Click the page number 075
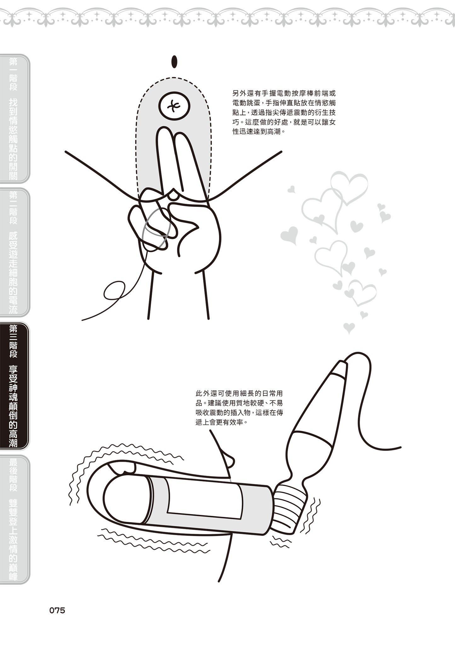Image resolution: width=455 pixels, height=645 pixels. pyautogui.click(x=57, y=610)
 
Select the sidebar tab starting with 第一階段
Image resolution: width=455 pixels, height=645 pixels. pyautogui.click(x=14, y=118)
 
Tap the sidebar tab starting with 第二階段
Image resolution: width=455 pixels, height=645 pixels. pyautogui.click(x=14, y=252)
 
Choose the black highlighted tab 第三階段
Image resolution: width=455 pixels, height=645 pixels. pyautogui.click(x=14, y=385)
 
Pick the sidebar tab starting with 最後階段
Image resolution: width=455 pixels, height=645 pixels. pyautogui.click(x=14, y=520)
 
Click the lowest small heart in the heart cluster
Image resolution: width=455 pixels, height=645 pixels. pyautogui.click(x=349, y=328)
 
